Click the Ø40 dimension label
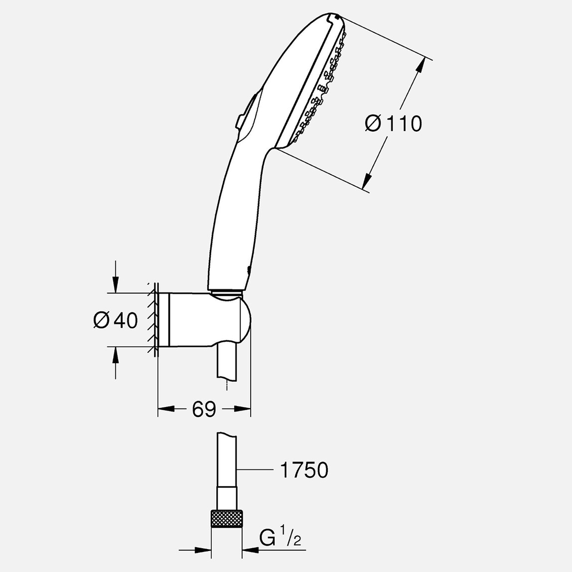point(115,320)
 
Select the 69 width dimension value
point(204,410)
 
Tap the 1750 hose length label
point(304,470)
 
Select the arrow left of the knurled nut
point(204,550)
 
